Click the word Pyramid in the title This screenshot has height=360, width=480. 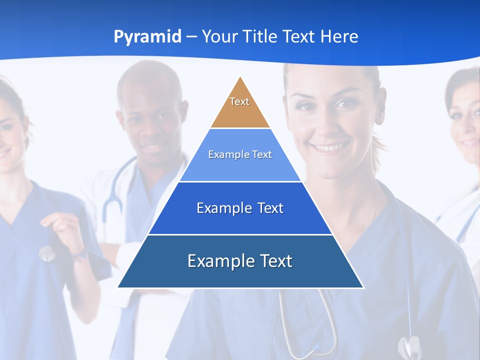tap(147, 36)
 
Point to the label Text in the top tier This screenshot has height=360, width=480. tap(239, 101)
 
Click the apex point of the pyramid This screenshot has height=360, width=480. tap(240, 77)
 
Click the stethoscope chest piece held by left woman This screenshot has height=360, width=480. tap(46, 253)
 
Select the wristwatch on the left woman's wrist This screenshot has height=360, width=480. tap(80, 256)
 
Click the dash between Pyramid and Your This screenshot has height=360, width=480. tap(191, 37)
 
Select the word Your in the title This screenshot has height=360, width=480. tap(220, 36)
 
